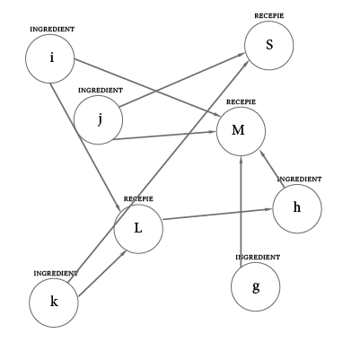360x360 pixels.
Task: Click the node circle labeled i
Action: [50, 59]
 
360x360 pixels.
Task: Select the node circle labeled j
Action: [99, 120]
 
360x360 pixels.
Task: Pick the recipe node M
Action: [241, 131]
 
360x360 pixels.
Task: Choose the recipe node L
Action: [138, 228]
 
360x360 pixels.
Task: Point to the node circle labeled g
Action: [256, 287]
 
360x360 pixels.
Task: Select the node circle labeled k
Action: [54, 302]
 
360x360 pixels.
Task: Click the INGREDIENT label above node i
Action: [52, 30]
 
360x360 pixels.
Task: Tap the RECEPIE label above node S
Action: [269, 15]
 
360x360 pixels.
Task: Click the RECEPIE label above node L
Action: [138, 198]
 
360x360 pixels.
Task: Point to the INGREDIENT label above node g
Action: [258, 257]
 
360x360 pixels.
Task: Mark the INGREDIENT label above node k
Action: [56, 272]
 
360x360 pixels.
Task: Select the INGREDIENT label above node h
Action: [299, 179]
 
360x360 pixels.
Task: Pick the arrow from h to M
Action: [273, 169]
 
